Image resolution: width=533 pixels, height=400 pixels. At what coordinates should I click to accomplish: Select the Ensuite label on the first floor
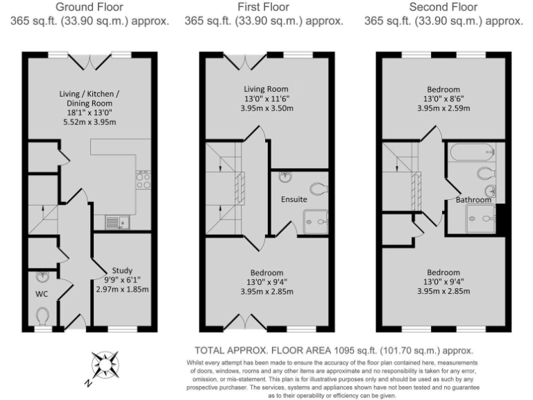click(x=294, y=199)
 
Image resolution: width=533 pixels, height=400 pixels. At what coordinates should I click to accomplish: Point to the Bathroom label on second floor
click(x=473, y=200)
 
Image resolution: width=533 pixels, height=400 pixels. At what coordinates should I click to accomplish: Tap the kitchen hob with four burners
click(x=144, y=181)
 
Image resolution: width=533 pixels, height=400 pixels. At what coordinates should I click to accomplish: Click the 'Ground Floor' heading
click(x=90, y=8)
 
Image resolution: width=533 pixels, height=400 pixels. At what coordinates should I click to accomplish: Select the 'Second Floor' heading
click(x=444, y=8)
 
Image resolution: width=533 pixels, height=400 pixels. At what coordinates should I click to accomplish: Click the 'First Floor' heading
click(x=264, y=8)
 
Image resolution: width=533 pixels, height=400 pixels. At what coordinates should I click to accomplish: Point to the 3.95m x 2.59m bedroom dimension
click(x=443, y=109)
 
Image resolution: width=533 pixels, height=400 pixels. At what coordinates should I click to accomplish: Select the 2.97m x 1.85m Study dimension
click(x=121, y=290)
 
